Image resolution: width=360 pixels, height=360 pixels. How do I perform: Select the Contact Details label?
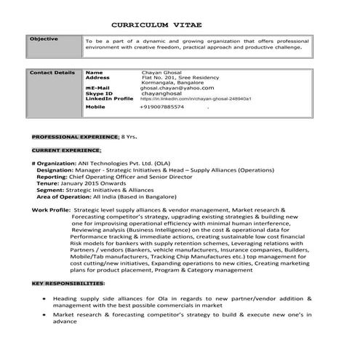pos(52,72)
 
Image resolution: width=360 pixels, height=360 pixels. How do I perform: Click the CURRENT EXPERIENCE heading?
pos(66,150)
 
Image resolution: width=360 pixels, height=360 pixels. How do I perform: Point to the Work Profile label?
pos(51,209)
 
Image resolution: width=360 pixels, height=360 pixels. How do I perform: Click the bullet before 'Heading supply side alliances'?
pos(45,298)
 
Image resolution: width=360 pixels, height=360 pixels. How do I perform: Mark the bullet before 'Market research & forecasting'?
pos(45,315)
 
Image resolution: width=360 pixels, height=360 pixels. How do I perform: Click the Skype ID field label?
pos(99,93)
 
